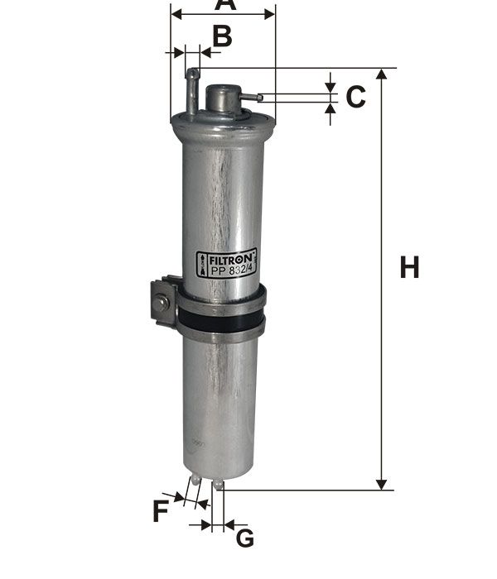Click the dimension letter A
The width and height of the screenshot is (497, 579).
click(x=225, y=4)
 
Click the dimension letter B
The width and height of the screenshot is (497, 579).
click(x=223, y=36)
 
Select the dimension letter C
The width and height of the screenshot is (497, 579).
click(x=355, y=97)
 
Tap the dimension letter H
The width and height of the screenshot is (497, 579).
click(x=410, y=267)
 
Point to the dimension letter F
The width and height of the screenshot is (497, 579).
click(x=161, y=510)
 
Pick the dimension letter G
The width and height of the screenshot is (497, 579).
click(x=245, y=538)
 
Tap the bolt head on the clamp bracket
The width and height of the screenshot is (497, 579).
click(x=162, y=303)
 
